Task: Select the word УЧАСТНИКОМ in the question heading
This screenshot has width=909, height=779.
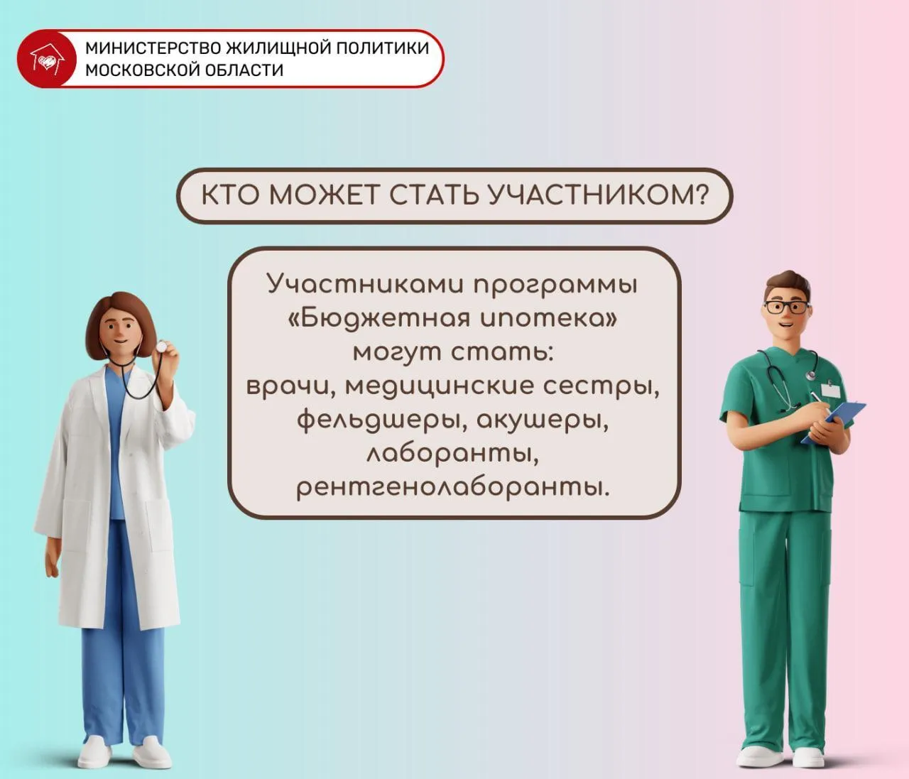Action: point(599,195)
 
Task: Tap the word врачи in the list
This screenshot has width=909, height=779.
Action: point(291,386)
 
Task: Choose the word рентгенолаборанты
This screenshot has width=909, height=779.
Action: point(453,489)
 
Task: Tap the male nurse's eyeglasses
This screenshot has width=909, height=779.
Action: point(786,307)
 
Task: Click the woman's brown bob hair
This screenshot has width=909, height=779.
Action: point(118,312)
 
